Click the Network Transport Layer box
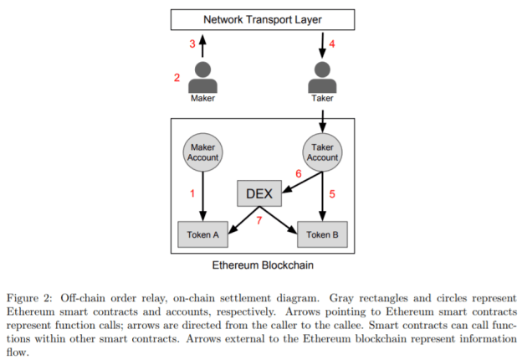click(x=262, y=18)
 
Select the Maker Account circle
click(x=202, y=150)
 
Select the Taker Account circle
click(x=323, y=150)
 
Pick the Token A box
click(x=202, y=234)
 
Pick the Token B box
click(x=323, y=234)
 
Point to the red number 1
click(x=192, y=193)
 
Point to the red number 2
click(x=177, y=78)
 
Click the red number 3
click(x=192, y=44)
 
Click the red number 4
click(x=333, y=44)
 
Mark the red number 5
click(x=333, y=195)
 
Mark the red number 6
click(x=298, y=173)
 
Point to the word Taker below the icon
click(x=323, y=99)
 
